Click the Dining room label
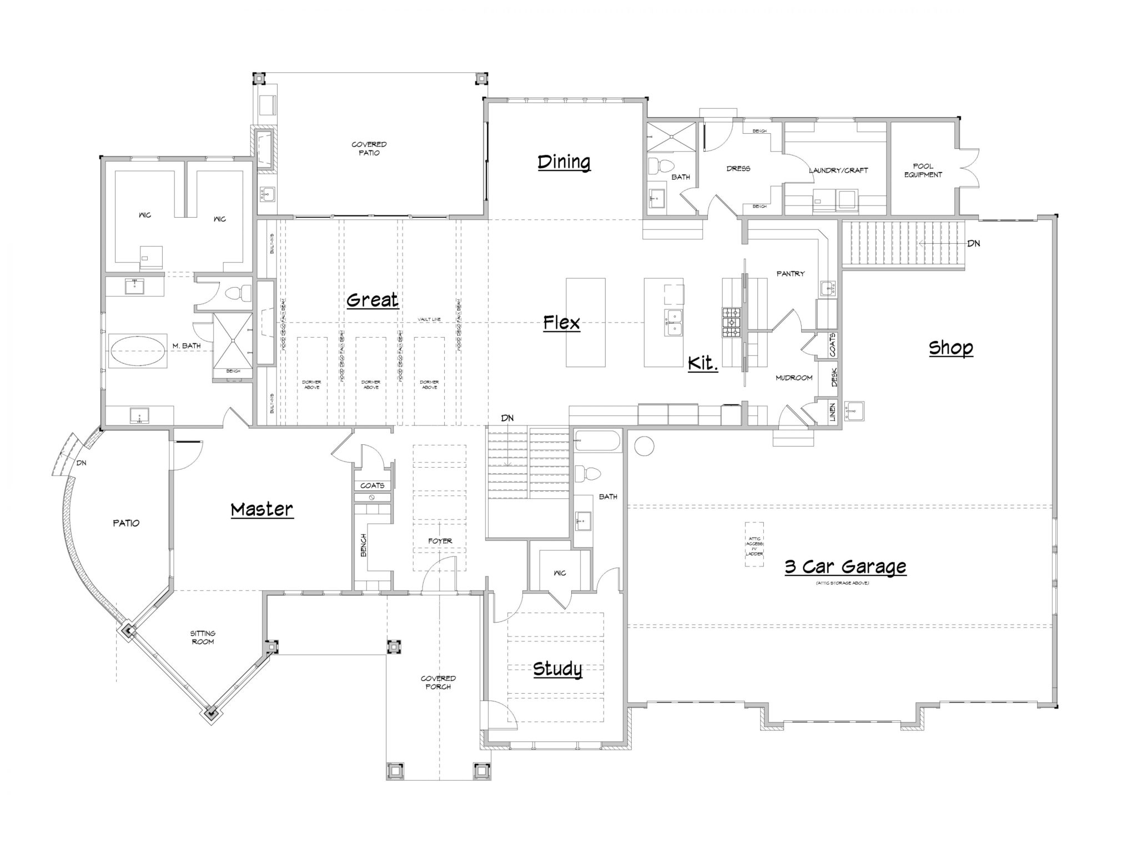pyautogui.click(x=564, y=162)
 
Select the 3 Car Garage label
pyautogui.click(x=845, y=567)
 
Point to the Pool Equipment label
pyautogui.click(x=923, y=170)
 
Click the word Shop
pyautogui.click(x=950, y=348)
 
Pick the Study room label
pyautogui.click(x=557, y=669)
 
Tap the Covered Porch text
pyautogui.click(x=438, y=683)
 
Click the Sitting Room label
pyautogui.click(x=203, y=638)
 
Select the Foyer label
pyautogui.click(x=440, y=541)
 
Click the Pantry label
pyautogui.click(x=791, y=274)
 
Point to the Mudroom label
pyautogui.click(x=794, y=378)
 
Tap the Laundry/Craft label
pyautogui.click(x=838, y=170)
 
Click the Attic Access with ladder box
pyautogui.click(x=754, y=544)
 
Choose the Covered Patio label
pyautogui.click(x=369, y=148)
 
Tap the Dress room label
pyautogui.click(x=738, y=168)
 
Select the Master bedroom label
pyautogui.click(x=261, y=509)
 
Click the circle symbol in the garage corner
pyautogui.click(x=644, y=446)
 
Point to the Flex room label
pyautogui.click(x=561, y=323)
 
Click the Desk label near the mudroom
pyautogui.click(x=834, y=378)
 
